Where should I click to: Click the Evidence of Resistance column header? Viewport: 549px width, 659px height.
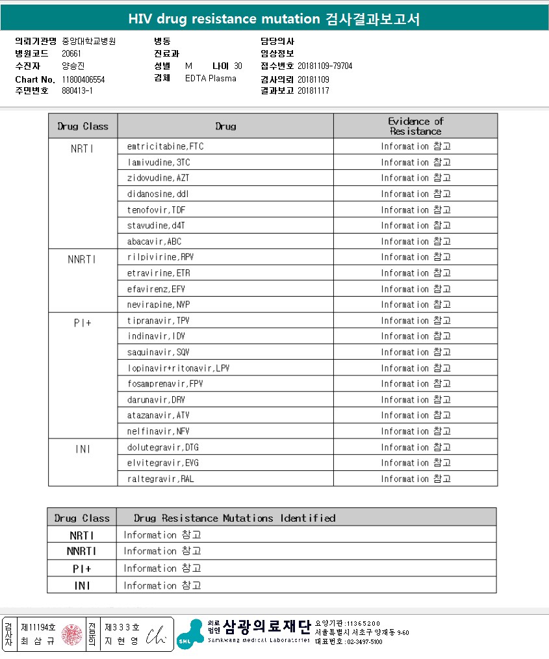[x=415, y=126]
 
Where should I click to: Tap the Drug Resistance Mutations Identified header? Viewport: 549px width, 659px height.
[x=235, y=518]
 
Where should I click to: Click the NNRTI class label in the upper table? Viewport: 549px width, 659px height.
[x=82, y=259]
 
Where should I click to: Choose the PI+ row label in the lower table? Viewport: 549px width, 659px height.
[x=82, y=569]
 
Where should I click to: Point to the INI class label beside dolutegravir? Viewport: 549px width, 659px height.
[x=82, y=449]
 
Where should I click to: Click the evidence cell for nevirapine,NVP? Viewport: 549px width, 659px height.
[x=415, y=304]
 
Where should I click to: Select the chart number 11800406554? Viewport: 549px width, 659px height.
[x=84, y=79]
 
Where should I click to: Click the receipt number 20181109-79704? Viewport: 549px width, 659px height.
[x=325, y=66]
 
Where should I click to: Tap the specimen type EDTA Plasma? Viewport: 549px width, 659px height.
[x=211, y=79]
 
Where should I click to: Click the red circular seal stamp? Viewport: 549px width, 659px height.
[x=71, y=634]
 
